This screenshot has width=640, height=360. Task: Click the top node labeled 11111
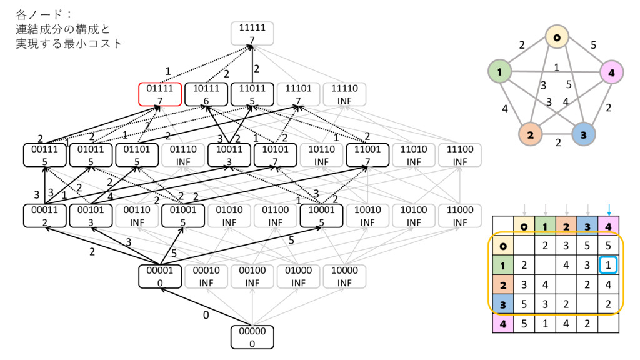[252, 33]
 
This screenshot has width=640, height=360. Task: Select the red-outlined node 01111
[160, 94]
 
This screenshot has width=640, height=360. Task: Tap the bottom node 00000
[252, 337]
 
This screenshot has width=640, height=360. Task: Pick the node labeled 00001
[160, 276]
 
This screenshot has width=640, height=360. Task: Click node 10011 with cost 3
[229, 155]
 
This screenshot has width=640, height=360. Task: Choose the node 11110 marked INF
[344, 94]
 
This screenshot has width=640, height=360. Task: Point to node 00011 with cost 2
[44, 216]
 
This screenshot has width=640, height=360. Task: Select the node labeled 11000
[459, 216]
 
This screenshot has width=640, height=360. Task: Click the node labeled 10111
[206, 94]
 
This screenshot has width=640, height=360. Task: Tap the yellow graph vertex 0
[556, 38]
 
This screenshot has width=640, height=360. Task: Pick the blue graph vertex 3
[584, 134]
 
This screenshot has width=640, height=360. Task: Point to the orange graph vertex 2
[530, 134]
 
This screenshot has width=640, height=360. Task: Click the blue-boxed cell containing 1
[608, 266]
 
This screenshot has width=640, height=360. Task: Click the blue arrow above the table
[608, 209]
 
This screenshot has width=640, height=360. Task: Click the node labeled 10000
[344, 276]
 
